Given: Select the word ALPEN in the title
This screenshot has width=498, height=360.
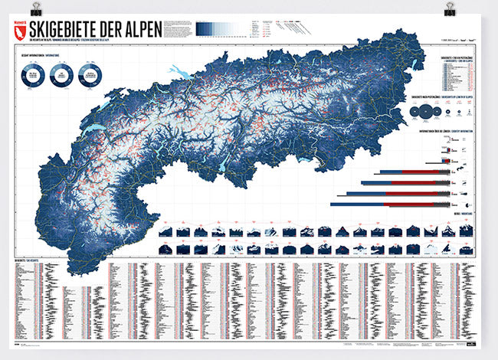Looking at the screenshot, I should (x=141, y=29).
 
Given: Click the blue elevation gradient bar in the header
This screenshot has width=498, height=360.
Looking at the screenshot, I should (x=223, y=28).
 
